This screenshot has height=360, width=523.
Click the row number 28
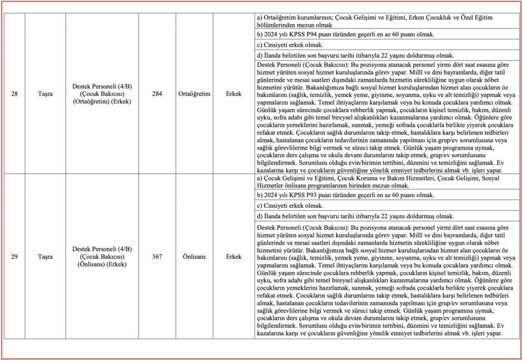(x=14, y=94)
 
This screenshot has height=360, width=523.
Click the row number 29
(x=14, y=256)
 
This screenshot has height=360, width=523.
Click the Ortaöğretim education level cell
(x=195, y=94)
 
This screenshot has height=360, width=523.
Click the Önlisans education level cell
(x=195, y=256)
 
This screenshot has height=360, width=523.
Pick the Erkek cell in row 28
(x=233, y=94)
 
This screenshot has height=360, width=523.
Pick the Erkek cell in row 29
(x=233, y=256)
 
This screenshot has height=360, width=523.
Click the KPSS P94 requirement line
(x=345, y=35)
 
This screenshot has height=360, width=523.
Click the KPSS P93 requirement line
(x=345, y=195)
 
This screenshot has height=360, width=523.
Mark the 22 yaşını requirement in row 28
(x=355, y=56)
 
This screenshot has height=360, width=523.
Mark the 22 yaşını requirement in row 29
(x=355, y=217)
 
